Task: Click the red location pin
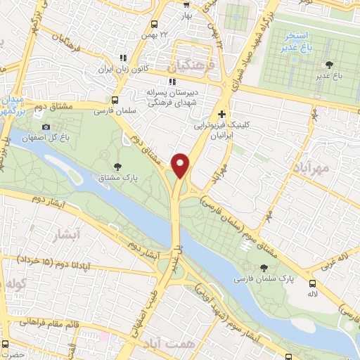tap(181, 165)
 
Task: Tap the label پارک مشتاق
tap(117, 179)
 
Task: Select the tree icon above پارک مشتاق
tap(117, 166)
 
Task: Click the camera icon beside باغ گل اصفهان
tap(46, 127)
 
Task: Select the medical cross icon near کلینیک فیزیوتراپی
tap(222, 113)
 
